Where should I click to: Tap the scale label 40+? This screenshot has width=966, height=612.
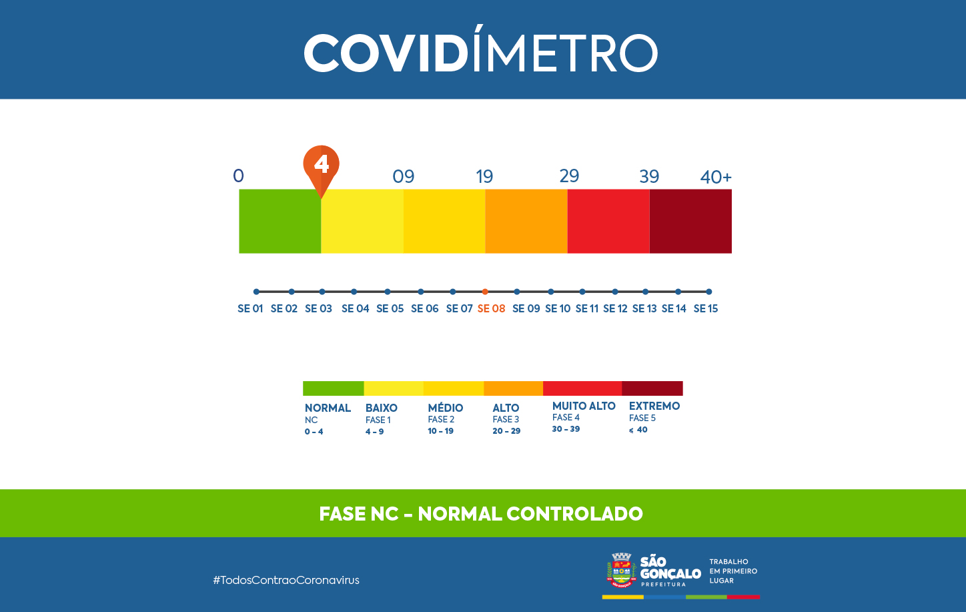pos(716,178)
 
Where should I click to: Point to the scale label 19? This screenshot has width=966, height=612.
pos(484,177)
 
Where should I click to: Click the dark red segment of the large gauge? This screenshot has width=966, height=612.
pos(690,221)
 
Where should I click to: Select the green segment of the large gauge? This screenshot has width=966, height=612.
pos(280,221)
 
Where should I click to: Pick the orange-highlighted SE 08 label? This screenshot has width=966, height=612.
pos(492,308)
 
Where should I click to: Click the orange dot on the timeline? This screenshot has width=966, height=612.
pos(485,292)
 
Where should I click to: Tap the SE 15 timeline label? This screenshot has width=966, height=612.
pos(706,308)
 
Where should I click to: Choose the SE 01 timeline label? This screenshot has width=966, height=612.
pos(250,308)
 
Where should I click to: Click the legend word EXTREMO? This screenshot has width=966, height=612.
pos(654,406)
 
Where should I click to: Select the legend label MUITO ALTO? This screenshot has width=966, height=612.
pos(584,406)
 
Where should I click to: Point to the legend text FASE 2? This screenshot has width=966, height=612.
pos(441,420)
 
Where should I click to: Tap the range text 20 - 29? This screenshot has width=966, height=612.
pos(506,431)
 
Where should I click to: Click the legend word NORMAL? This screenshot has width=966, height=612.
pos(328,408)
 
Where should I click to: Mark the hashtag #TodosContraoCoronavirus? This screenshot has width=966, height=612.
pos(286,580)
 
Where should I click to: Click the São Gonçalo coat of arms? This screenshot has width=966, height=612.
pos(621,570)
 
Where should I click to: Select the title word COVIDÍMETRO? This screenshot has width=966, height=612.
pos(481,53)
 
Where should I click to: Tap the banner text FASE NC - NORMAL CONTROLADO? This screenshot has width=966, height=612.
pos(481,514)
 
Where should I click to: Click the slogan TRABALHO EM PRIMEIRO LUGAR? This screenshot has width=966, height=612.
pos(733,571)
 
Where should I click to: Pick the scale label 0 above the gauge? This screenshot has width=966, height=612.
pos(238,176)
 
